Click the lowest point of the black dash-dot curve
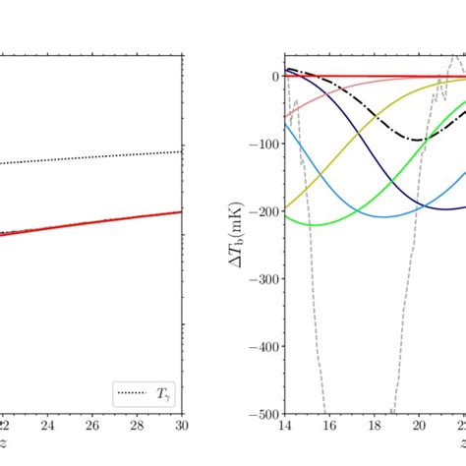tap(420, 140)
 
